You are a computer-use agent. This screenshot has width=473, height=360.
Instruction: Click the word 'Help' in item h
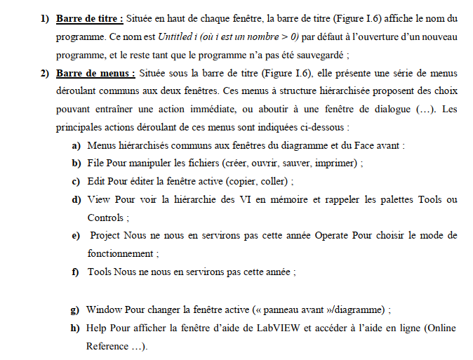[98, 328]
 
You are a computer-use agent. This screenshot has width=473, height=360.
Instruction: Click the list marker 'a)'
[74, 145]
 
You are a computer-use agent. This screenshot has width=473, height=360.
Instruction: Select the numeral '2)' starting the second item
[45, 72]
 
